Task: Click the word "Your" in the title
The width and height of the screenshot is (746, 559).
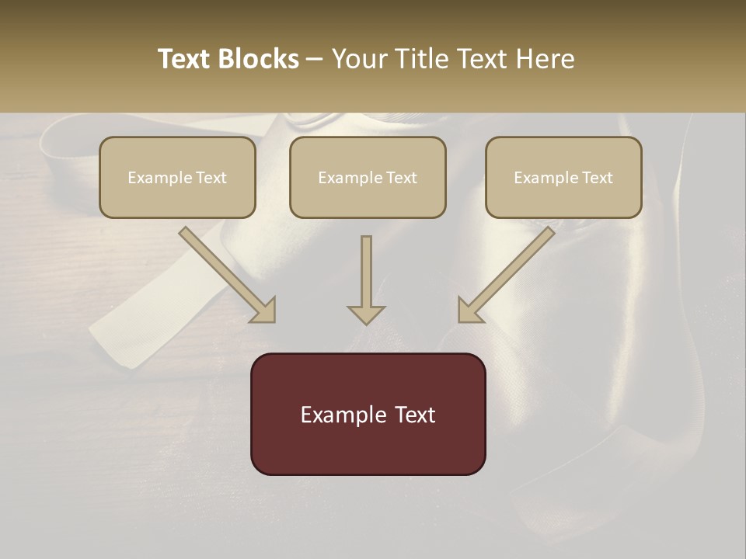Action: tap(357, 59)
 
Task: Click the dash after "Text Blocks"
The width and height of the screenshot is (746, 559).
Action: tap(315, 60)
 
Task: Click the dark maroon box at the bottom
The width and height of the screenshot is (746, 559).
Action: tap(368, 414)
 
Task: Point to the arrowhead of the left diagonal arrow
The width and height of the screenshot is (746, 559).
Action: tap(264, 311)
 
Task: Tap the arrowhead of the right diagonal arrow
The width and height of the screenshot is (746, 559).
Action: tap(469, 311)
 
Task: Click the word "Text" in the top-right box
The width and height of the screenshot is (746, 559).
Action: tap(597, 178)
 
